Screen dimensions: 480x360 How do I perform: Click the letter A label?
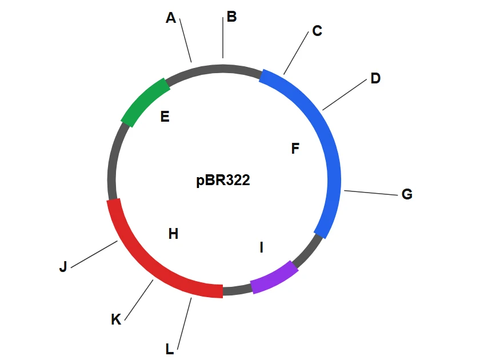click(x=171, y=18)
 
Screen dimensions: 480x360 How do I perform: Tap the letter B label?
click(x=232, y=17)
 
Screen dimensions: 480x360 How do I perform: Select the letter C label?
click(x=317, y=31)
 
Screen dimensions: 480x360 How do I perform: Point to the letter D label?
click(x=375, y=78)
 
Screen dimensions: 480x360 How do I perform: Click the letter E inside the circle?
click(x=165, y=117)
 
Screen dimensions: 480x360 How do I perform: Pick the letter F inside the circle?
click(x=295, y=149)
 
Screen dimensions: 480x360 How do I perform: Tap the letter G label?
click(x=407, y=194)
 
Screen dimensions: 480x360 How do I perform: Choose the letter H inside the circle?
click(x=173, y=234)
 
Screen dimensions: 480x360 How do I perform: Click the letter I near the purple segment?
click(x=262, y=247)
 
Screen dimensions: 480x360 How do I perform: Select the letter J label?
click(x=63, y=267)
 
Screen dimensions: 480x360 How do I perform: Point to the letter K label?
click(x=116, y=319)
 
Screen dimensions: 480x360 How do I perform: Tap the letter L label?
click(x=169, y=349)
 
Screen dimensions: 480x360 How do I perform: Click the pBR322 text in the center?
click(x=223, y=179)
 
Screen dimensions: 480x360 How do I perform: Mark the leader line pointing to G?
click(x=371, y=193)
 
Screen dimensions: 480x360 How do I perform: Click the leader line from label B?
click(x=223, y=38)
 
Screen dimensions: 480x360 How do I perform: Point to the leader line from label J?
click(x=94, y=254)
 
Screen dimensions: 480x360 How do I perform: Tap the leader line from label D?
click(x=345, y=95)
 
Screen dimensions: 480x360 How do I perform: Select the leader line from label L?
click(x=184, y=323)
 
